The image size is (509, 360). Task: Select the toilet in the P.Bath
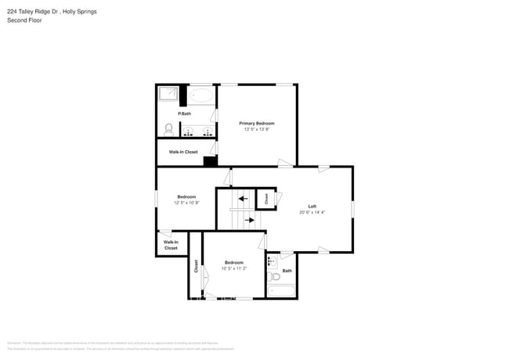tap(168, 128)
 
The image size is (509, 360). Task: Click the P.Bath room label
tap(185, 114)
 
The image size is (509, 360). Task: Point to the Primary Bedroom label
tap(257, 123)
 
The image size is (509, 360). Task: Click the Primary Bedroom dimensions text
tap(257, 129)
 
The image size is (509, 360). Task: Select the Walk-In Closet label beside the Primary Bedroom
tap(183, 152)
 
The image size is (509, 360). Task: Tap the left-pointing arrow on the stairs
tap(243, 199)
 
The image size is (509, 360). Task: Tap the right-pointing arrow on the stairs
tap(250, 220)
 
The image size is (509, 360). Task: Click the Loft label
tap(312, 206)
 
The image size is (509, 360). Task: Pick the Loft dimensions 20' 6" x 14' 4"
tap(312, 212)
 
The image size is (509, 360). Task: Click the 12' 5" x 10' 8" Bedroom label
tap(186, 196)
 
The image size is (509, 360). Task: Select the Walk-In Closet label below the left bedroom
tap(171, 245)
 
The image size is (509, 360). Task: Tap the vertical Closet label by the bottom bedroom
tap(196, 266)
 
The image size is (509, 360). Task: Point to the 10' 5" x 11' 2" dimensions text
tap(234, 268)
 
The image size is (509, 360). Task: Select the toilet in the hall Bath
tap(273, 276)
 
